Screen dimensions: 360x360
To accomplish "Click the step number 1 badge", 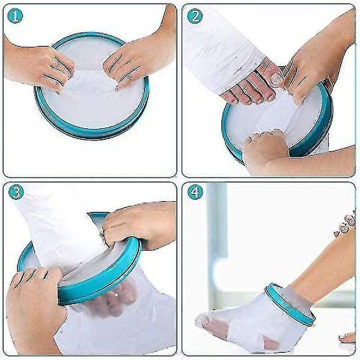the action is tap(15, 16).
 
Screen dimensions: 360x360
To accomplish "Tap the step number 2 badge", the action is tap(194, 16).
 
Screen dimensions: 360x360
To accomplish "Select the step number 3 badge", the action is tap(16, 192).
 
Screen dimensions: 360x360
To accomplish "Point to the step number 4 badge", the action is tap(195, 192).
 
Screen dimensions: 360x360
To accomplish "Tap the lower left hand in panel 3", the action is tap(34, 305).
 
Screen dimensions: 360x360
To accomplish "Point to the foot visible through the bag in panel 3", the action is tap(110, 298).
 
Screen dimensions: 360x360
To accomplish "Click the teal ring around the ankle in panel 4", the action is tap(290, 304).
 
